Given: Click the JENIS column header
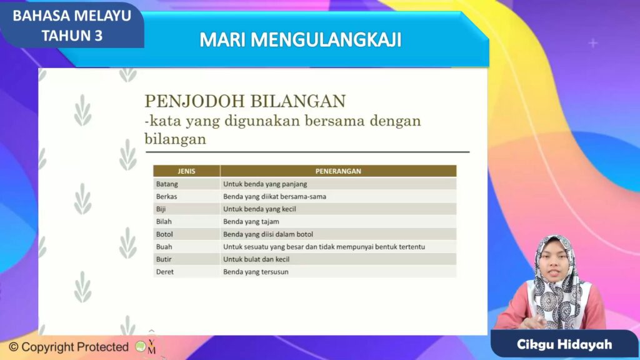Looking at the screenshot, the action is [x=186, y=171].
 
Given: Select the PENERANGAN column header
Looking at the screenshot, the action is [x=338, y=171].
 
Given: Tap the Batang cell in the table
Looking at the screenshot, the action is [x=167, y=184].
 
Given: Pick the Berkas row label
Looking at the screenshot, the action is [x=166, y=196].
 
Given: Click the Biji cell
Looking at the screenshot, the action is [x=161, y=209].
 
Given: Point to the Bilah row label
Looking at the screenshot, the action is [x=164, y=222].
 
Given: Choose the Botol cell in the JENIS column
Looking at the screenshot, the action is [x=164, y=234].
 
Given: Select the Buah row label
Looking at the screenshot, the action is [x=164, y=246].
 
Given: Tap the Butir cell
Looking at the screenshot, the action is [x=164, y=259].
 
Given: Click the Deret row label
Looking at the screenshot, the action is [x=165, y=272].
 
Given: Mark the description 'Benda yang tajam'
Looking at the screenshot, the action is [x=251, y=222].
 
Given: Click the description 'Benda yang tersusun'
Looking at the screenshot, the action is [x=256, y=272].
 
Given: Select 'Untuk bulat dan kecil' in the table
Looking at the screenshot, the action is [x=256, y=259].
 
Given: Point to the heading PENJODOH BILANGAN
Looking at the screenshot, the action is [x=245, y=101].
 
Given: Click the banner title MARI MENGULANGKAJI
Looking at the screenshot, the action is [x=301, y=40].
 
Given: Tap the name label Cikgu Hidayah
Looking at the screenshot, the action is [x=564, y=344].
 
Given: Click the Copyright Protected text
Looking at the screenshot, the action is [x=69, y=347].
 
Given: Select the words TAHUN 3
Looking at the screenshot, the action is [x=72, y=36].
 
